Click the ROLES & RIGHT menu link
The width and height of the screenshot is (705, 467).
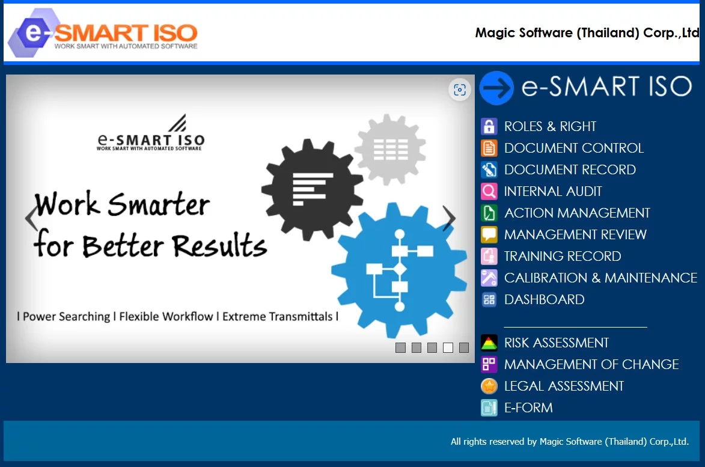[x=550, y=127]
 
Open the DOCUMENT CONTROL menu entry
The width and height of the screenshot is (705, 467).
[x=573, y=148]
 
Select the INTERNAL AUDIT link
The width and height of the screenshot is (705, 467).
[x=552, y=192]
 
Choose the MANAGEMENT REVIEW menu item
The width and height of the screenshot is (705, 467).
[x=575, y=235]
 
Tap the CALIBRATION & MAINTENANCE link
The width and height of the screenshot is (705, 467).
[x=600, y=278]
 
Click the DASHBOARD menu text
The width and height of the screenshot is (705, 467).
[x=544, y=300]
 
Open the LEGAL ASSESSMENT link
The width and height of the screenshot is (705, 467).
[x=564, y=386]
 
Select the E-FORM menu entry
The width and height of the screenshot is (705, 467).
[x=528, y=408]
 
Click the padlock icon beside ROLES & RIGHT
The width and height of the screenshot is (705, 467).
[x=489, y=127]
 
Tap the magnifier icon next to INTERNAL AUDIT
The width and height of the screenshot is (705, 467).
[x=489, y=192]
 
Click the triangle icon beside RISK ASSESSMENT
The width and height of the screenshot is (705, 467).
[x=489, y=343]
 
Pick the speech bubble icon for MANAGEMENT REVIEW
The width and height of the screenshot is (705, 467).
[x=489, y=235]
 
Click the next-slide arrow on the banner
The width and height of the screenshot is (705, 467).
[x=448, y=219]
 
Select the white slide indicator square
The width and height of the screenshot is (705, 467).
[x=448, y=347]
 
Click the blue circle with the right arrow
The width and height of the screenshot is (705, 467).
[x=496, y=88]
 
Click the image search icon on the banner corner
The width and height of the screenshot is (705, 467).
[x=460, y=90]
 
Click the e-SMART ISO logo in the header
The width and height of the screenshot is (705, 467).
[x=102, y=33]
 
